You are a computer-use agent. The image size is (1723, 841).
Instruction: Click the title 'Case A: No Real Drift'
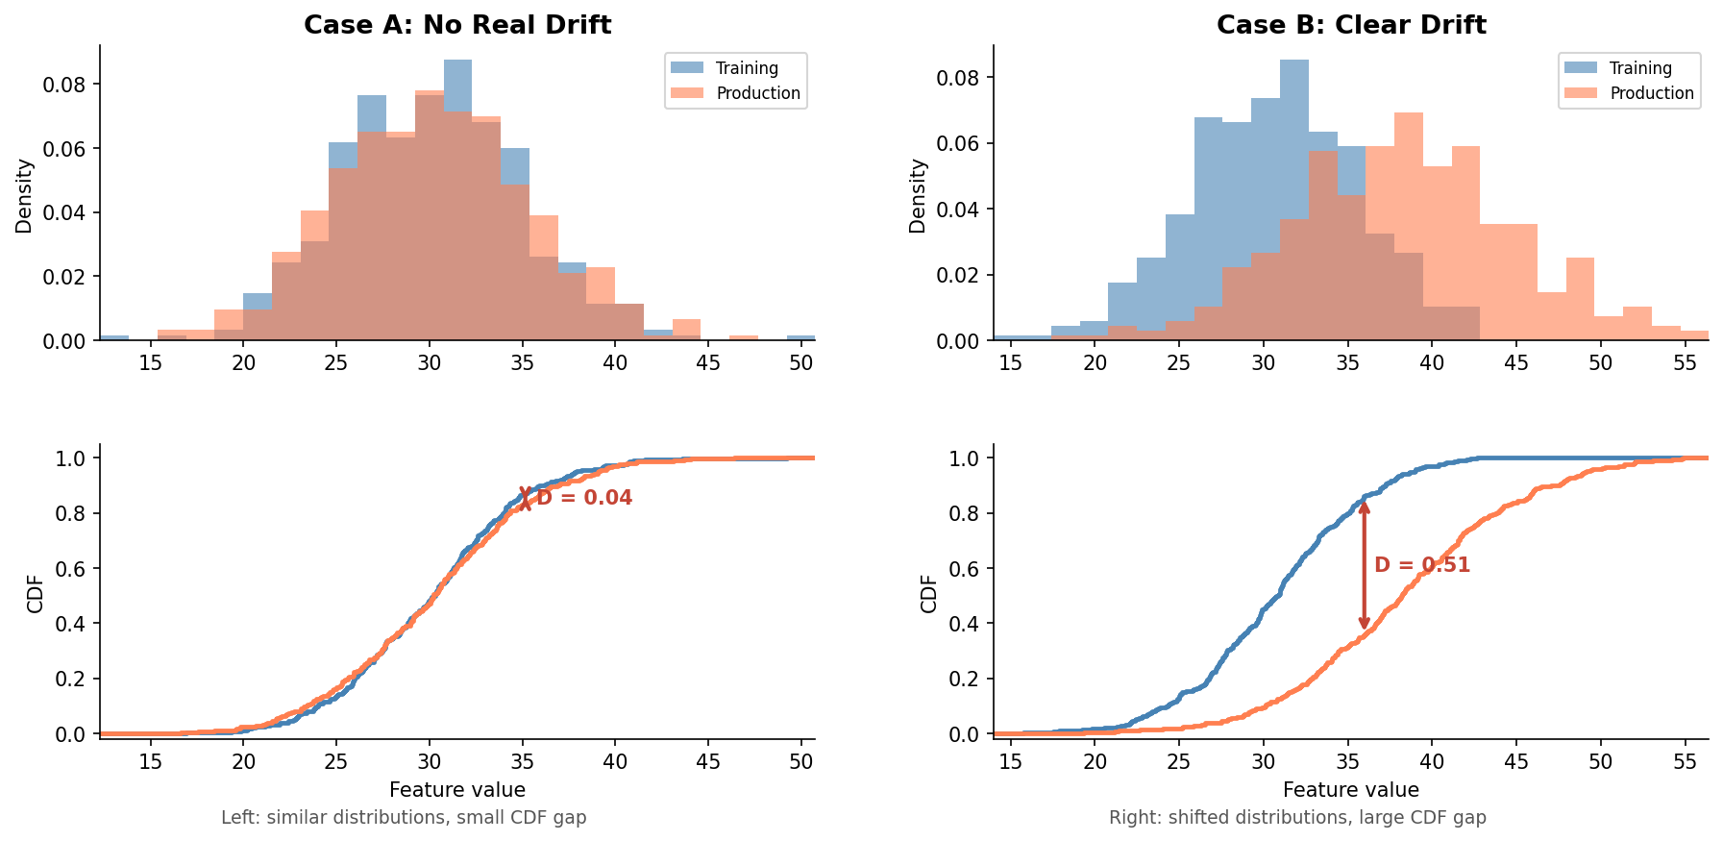click(457, 25)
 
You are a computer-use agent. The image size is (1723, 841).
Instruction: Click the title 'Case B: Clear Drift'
click(1351, 25)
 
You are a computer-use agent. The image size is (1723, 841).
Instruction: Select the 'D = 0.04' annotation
click(584, 498)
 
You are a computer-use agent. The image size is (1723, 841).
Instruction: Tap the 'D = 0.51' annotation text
click(1422, 565)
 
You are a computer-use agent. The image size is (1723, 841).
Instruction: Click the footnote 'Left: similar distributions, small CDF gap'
click(404, 818)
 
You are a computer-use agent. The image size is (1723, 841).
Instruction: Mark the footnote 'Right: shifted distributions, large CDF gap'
click(1297, 818)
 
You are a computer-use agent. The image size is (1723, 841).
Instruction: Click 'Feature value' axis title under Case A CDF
click(457, 790)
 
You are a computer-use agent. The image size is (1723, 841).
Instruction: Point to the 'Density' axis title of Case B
click(918, 196)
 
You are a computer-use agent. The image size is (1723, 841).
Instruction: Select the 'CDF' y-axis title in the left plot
click(36, 594)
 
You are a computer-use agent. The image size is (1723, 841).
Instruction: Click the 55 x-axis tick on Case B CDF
click(1685, 762)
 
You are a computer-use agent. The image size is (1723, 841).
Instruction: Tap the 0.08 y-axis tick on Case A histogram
click(64, 85)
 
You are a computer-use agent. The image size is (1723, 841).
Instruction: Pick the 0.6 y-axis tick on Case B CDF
click(965, 569)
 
